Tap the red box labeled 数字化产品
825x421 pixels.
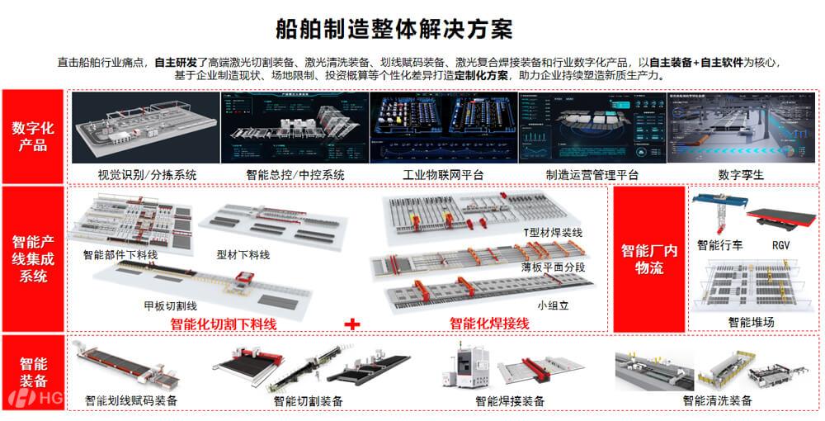[x=33, y=137]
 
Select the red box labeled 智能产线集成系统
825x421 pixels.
[x=33, y=259]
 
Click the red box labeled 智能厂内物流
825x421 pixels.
[x=649, y=259]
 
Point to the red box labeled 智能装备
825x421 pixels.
[x=33, y=372]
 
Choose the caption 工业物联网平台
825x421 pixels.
[x=443, y=175]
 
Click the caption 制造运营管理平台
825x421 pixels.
[x=592, y=175]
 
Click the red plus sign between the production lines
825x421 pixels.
[x=353, y=324]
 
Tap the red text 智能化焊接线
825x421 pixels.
[x=489, y=324]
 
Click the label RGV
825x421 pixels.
[x=781, y=245]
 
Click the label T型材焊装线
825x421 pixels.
[x=552, y=233]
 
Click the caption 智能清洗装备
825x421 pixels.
[x=717, y=401]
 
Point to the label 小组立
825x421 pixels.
[x=553, y=305]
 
